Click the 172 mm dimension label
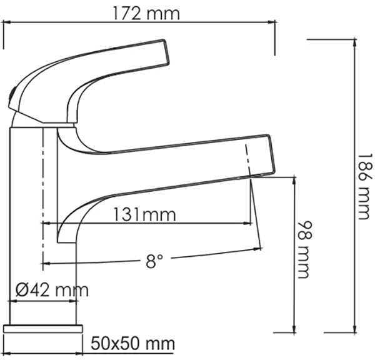tap(146, 14)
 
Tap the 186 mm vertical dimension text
tap(365, 187)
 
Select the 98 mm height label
tap(305, 249)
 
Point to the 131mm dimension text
tap(144, 214)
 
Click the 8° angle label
tap(154, 261)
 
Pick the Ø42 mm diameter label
tap(52, 290)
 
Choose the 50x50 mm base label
tap(132, 344)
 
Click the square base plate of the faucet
tap(43, 328)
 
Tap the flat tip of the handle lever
tap(166, 52)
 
